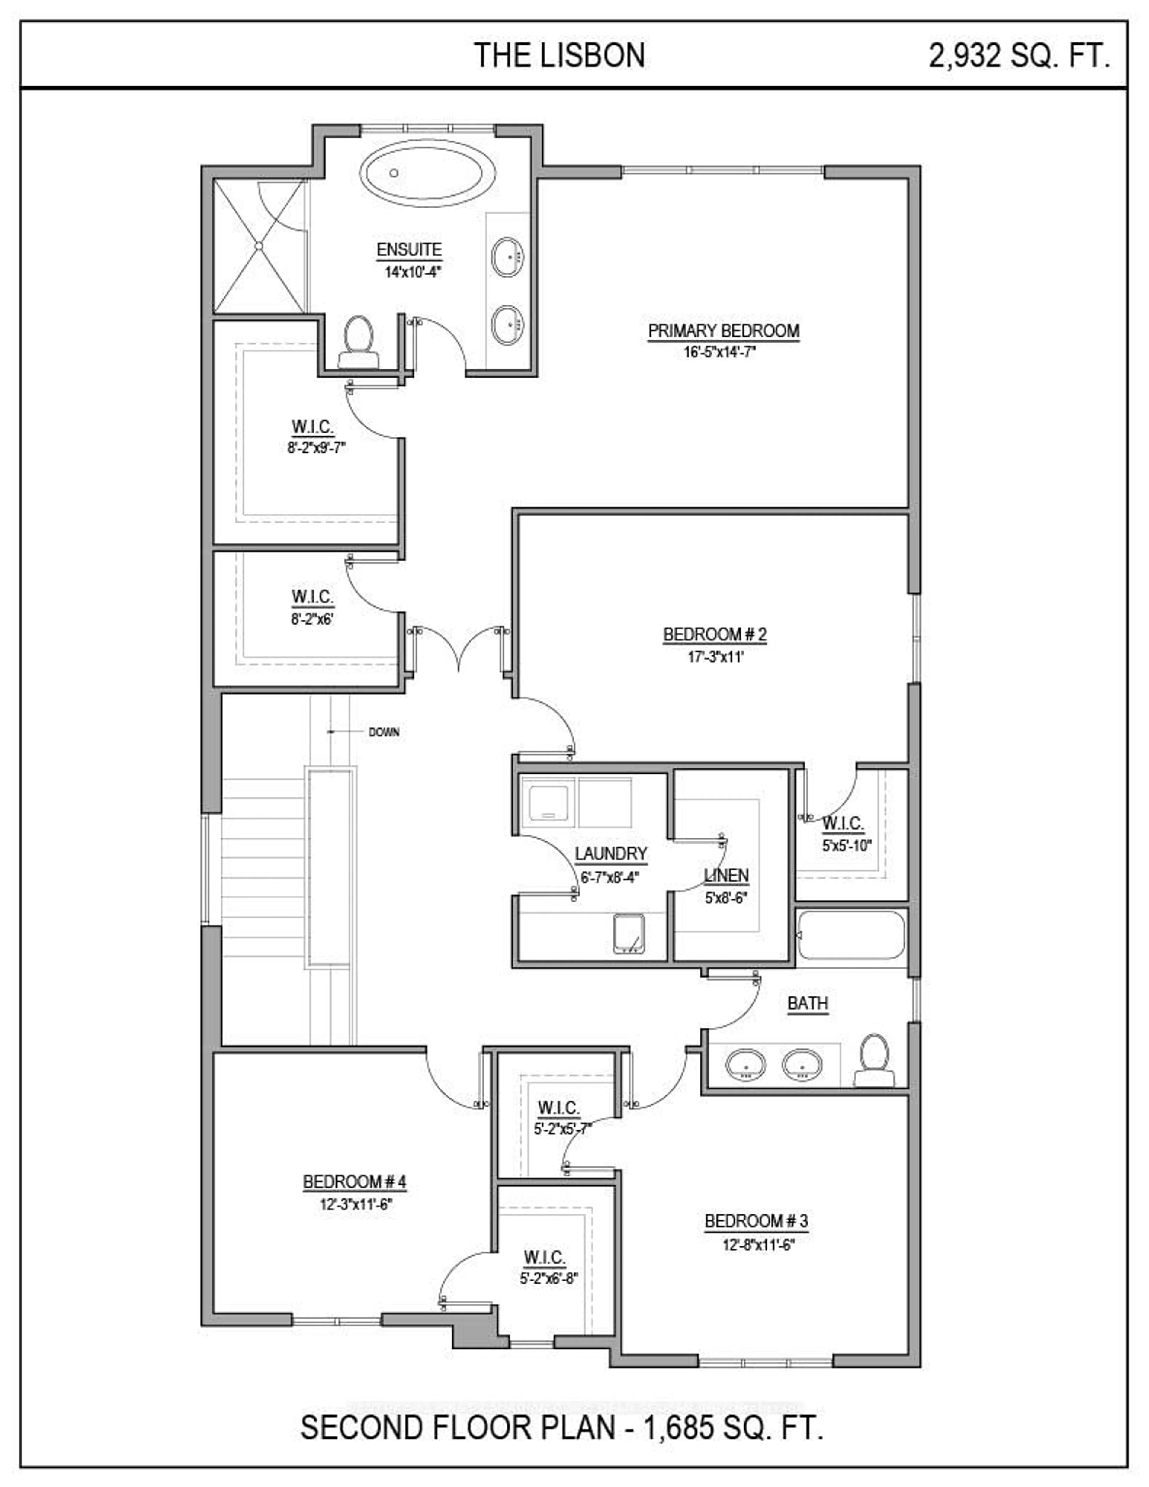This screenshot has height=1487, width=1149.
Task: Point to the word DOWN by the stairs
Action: (x=384, y=733)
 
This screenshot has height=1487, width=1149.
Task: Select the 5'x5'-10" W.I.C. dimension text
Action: (x=846, y=846)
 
